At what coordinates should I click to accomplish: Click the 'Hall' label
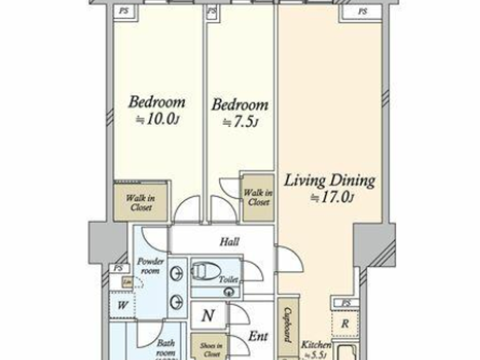(x=229, y=242)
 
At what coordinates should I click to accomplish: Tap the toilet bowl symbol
(x=206, y=271)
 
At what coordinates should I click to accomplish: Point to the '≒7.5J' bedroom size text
(x=240, y=122)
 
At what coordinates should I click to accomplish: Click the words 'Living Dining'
(x=329, y=181)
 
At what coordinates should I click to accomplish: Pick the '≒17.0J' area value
(x=332, y=197)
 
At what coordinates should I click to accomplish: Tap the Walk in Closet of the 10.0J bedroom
(x=141, y=203)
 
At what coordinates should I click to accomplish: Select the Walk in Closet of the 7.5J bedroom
(x=259, y=198)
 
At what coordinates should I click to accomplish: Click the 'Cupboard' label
(x=288, y=325)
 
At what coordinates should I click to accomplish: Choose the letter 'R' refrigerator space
(x=345, y=324)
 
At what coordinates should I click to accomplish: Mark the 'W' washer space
(x=122, y=305)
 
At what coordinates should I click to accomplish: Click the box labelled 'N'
(x=208, y=315)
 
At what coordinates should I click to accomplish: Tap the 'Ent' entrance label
(x=257, y=336)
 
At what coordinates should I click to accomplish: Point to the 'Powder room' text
(x=151, y=266)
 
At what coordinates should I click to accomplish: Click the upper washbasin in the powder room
(x=177, y=274)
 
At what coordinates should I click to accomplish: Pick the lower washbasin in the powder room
(x=177, y=302)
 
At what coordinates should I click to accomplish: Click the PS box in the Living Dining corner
(x=362, y=11)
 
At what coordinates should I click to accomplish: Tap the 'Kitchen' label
(x=316, y=345)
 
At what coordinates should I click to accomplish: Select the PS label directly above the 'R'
(x=346, y=303)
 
